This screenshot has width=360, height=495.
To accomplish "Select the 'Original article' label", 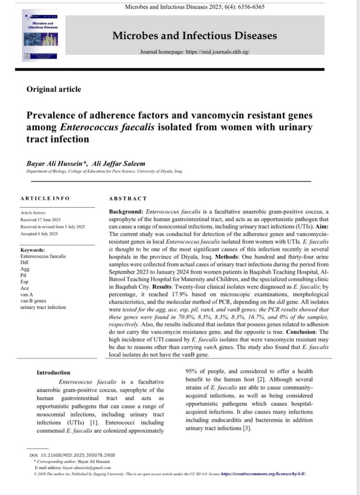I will [54, 89].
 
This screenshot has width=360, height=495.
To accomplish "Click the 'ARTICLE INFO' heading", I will [45, 198].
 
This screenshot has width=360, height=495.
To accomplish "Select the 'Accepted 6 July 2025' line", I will [39, 233].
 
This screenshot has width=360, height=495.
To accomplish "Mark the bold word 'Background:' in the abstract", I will [127, 213].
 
